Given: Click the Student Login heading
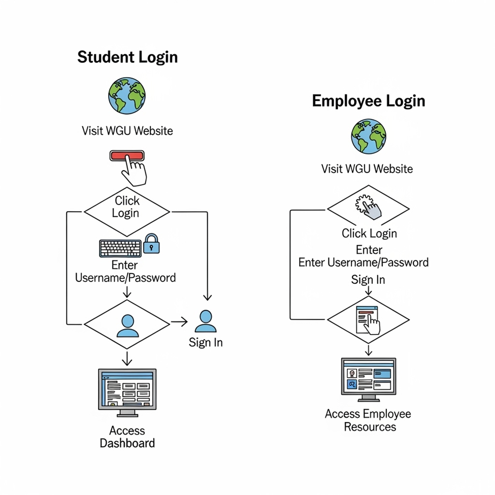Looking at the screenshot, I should click(x=127, y=57).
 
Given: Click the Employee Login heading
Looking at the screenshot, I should click(x=368, y=101).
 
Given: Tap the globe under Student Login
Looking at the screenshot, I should click(x=127, y=95).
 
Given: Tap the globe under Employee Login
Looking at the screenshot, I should click(x=369, y=136).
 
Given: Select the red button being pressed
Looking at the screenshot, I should click(x=127, y=156).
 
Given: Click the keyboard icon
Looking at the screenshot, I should click(x=120, y=248).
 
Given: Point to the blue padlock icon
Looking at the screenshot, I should click(x=151, y=244).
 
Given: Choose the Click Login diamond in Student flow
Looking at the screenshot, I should click(x=126, y=207).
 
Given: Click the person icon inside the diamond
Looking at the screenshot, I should click(x=127, y=325).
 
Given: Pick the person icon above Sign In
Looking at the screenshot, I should click(x=206, y=321).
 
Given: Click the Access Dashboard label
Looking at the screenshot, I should click(x=127, y=437).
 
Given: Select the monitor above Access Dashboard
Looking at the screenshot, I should click(x=127, y=390).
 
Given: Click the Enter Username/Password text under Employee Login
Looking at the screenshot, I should click(x=364, y=262).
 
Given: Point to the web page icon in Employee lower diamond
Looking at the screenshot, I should click(x=368, y=320).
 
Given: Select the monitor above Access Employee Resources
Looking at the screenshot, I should click(x=369, y=378).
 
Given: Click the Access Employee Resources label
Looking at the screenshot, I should click(x=369, y=420).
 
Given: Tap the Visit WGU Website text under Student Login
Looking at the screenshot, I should click(x=127, y=130).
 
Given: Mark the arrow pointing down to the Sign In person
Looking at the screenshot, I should click(x=207, y=296).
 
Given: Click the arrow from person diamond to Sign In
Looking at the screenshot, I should click(x=179, y=321).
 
